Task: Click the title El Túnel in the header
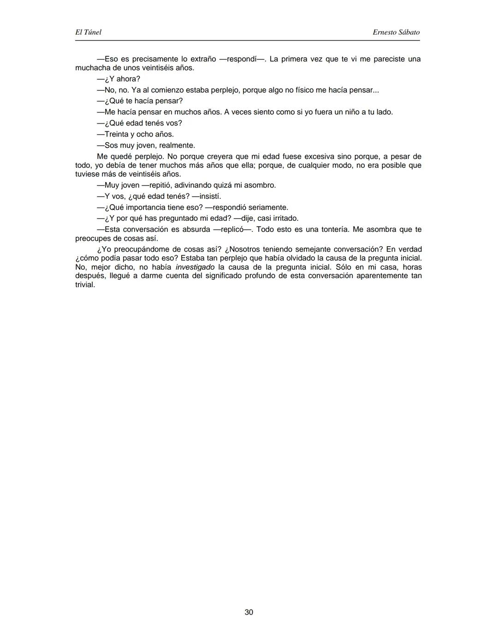(x=88, y=32)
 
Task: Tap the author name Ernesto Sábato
(x=396, y=32)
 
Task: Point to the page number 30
(x=249, y=612)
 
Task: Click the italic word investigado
(x=195, y=267)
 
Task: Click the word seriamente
(x=268, y=207)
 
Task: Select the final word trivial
(x=85, y=285)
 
